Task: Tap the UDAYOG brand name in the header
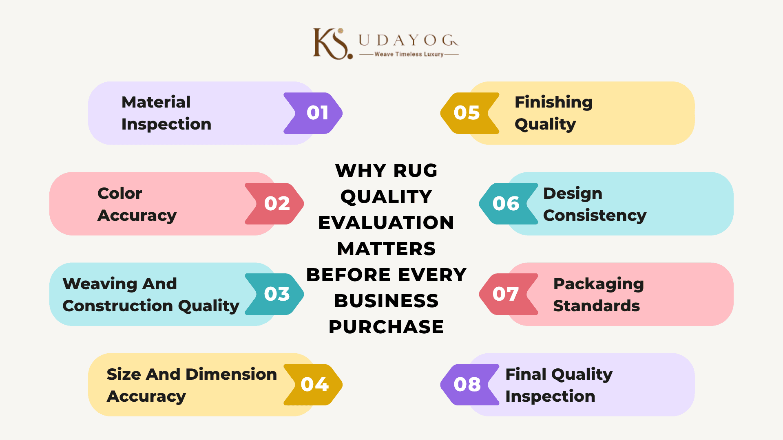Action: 408,40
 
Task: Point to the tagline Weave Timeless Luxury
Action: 409,54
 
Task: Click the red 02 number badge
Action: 274,204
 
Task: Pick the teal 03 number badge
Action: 274,294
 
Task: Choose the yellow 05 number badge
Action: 470,113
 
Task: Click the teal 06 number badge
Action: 509,204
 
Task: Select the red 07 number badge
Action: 509,294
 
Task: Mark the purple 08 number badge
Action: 470,385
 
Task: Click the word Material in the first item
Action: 156,102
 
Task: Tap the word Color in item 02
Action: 119,193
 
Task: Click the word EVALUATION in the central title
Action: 386,223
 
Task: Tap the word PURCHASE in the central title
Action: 386,327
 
